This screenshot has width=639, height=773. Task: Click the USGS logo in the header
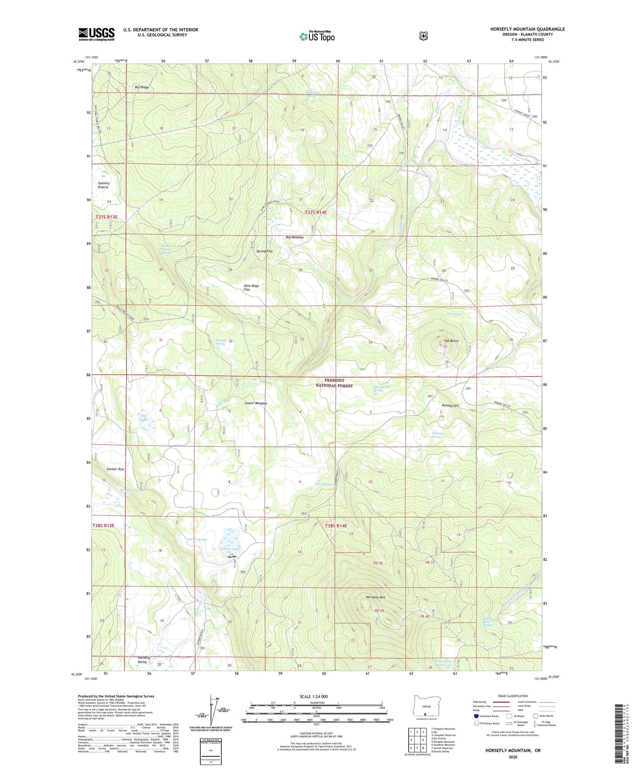(96, 34)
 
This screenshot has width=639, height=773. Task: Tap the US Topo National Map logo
(317, 36)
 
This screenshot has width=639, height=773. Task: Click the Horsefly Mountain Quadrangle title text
(527, 29)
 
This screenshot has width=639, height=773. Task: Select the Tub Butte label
(451, 341)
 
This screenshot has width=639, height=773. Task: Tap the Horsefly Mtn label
(375, 597)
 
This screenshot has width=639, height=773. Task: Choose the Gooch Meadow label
(256, 403)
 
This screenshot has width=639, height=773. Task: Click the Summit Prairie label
(104, 185)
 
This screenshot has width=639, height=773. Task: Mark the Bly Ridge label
(142, 87)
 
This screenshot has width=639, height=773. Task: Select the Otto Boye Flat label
(251, 287)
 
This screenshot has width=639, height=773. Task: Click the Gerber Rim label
(115, 469)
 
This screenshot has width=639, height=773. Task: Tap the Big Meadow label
(294, 237)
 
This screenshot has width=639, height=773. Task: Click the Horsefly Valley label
(143, 660)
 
